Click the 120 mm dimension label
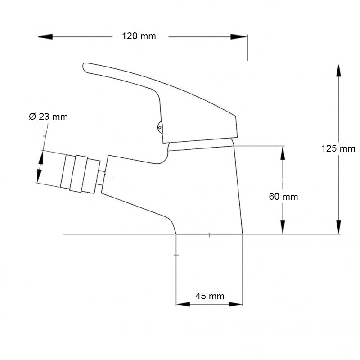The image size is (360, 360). click(x=139, y=36)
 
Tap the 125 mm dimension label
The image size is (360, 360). click(x=338, y=148)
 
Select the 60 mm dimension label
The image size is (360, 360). click(x=283, y=197)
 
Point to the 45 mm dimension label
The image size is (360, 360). click(x=209, y=296)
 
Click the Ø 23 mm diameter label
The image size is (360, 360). click(x=48, y=117)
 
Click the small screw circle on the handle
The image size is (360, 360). click(x=160, y=128)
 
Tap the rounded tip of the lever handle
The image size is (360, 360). click(x=87, y=67)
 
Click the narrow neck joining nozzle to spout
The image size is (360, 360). click(x=101, y=178)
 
